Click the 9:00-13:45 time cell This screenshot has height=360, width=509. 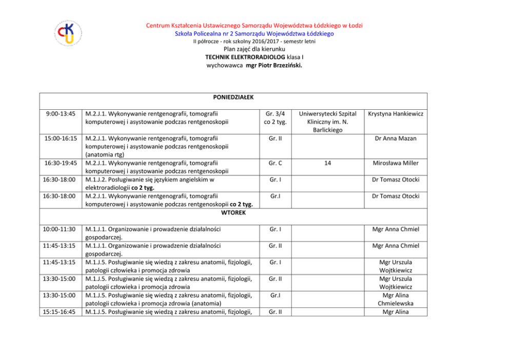click(61, 114)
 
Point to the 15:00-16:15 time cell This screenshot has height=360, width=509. click(61, 138)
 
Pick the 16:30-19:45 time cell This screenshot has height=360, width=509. click(61, 163)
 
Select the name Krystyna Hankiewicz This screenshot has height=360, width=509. click(396, 114)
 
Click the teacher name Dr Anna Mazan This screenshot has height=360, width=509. click(396, 138)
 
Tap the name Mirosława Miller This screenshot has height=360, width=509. click(396, 163)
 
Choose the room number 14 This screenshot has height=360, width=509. click(327, 163)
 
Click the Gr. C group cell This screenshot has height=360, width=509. click(277, 163)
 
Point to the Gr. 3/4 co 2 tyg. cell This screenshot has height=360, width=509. click(277, 118)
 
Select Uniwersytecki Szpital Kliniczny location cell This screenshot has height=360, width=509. click(327, 122)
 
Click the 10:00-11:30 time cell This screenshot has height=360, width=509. click(61, 229)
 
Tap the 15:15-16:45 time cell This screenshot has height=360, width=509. click(61, 311)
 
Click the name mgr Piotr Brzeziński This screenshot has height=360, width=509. click(275, 66)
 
